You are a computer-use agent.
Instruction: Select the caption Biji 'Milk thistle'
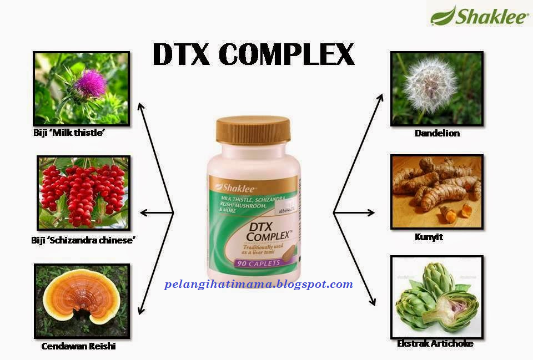[69, 134]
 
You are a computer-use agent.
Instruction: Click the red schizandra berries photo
[83, 192]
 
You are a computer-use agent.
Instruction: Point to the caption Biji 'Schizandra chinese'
[84, 240]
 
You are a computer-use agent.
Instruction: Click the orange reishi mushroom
[82, 300]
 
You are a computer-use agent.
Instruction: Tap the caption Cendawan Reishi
[78, 347]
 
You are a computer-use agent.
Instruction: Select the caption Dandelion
[437, 134]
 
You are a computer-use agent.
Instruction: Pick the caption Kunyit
[429, 237]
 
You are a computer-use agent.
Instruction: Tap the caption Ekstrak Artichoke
[435, 344]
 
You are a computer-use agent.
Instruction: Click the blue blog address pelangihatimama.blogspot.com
[259, 285]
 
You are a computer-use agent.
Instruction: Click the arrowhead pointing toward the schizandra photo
[143, 212]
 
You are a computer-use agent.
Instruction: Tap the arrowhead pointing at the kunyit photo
[372, 212]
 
